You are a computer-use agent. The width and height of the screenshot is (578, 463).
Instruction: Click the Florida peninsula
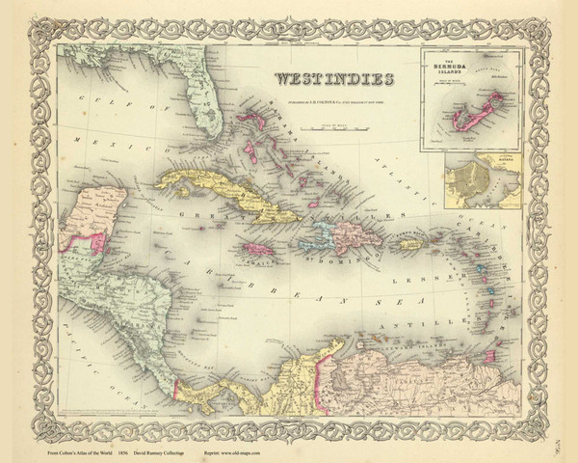click(x=204, y=106)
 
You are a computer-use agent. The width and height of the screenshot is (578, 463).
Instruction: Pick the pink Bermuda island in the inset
click(x=486, y=112)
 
